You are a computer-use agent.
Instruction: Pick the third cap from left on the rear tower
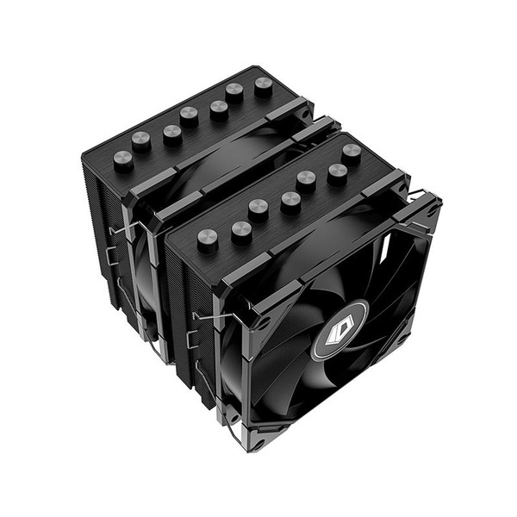[172, 134]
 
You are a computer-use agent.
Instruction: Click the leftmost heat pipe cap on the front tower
[208, 239]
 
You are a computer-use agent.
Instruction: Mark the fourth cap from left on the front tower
[291, 202]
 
